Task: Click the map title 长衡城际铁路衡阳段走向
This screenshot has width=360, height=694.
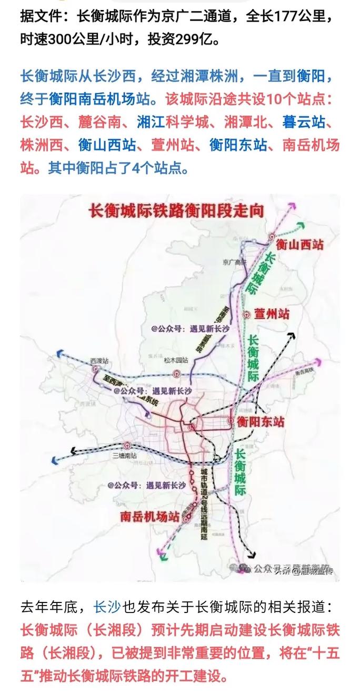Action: [x=177, y=212]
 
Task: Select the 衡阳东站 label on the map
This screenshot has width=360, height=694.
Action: [x=260, y=421]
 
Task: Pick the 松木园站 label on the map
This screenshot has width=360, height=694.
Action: [x=175, y=360]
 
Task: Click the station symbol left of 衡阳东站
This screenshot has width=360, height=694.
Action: [x=230, y=421]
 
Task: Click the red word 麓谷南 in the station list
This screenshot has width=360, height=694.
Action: [x=102, y=122]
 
